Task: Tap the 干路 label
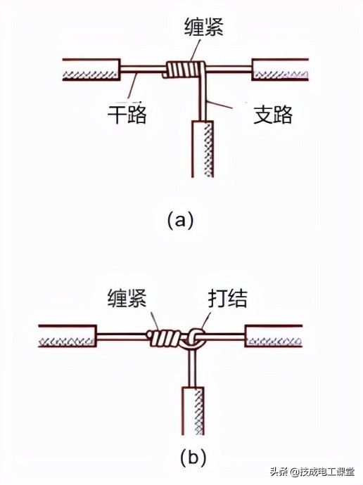(x=127, y=115)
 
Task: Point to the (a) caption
(x=180, y=220)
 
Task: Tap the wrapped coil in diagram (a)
(x=184, y=70)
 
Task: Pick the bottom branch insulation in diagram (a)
(x=202, y=149)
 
